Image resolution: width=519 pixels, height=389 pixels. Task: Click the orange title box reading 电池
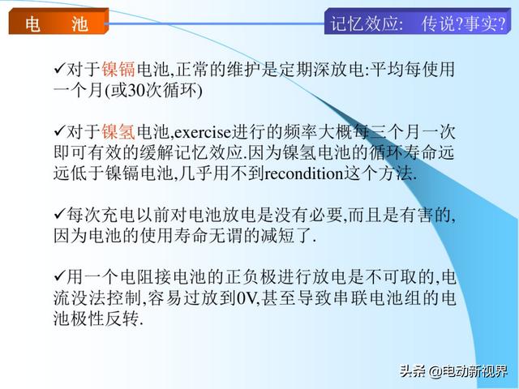point(58,21)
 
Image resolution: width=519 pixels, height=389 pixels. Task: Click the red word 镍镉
point(118,70)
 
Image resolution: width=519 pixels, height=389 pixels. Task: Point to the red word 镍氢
point(118,132)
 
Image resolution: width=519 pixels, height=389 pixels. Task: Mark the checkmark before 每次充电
point(59,214)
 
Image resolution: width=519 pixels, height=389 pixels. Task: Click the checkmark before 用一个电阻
point(59,276)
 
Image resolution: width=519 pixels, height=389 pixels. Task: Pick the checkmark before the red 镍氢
point(59,131)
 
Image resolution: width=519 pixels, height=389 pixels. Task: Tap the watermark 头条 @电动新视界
point(453,371)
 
